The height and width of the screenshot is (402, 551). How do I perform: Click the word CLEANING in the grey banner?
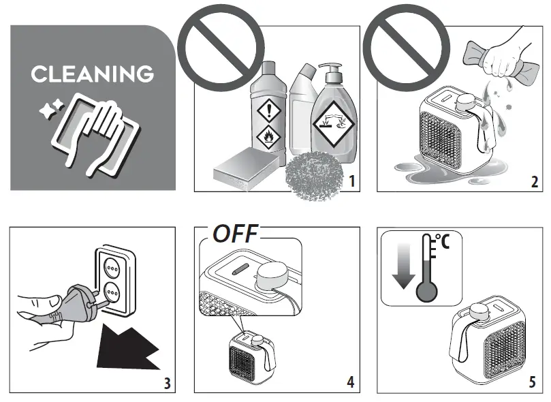click(92, 73)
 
